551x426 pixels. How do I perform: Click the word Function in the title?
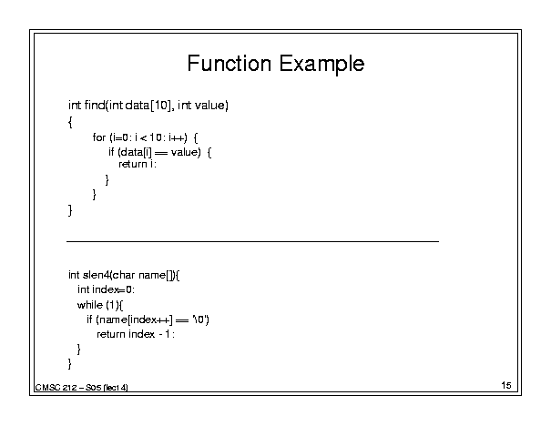pos(230,64)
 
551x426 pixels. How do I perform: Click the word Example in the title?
pos(321,65)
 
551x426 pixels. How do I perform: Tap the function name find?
pos(95,105)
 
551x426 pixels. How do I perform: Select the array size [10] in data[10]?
pos(161,105)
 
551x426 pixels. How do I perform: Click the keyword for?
pos(99,137)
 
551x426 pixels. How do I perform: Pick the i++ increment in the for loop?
pos(177,137)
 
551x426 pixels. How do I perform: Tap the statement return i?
pos(138,164)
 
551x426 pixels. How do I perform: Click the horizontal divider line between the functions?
pos(252,241)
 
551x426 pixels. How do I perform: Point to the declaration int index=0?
pos(106,289)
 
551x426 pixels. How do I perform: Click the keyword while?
pos(90,305)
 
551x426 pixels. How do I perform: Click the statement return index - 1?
pos(136,334)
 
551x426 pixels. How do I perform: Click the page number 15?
pos(506,385)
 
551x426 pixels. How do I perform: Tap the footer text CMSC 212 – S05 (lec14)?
pos(82,388)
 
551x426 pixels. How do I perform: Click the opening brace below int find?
pos(70,122)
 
